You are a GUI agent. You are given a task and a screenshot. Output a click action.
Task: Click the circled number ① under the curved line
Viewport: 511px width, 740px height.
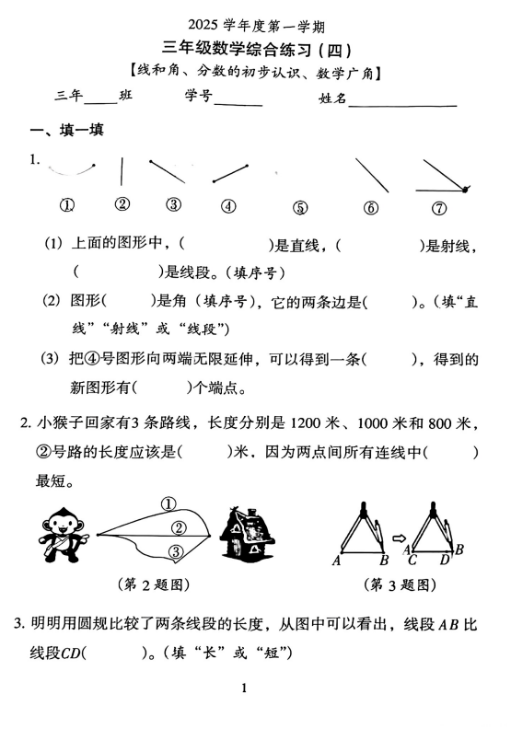tap(67, 205)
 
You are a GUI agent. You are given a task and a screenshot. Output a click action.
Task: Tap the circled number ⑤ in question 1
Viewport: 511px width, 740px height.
tap(299, 208)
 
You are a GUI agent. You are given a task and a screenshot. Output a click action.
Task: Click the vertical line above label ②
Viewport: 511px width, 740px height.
tap(122, 172)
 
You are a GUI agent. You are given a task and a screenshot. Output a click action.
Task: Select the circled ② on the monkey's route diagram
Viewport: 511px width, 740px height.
tap(180, 526)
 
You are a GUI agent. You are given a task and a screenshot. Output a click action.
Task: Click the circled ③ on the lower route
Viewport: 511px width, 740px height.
tap(176, 551)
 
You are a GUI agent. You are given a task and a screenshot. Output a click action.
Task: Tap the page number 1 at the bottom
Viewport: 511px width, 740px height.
tap(244, 688)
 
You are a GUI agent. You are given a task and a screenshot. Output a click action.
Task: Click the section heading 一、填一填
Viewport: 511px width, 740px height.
tap(66, 132)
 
